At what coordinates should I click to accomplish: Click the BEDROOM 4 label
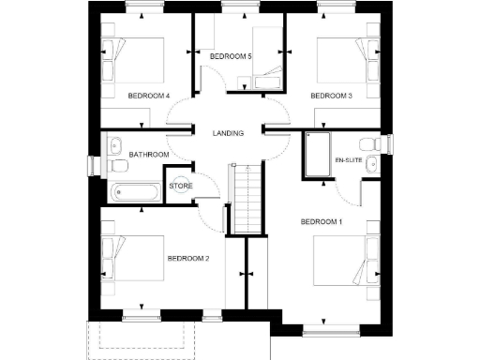point(148,96)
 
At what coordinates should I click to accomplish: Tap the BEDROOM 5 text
point(231,56)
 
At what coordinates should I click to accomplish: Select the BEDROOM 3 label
point(331,96)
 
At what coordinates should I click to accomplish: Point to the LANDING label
point(228,133)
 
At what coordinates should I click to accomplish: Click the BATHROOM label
point(149,154)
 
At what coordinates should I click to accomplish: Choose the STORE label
point(181,186)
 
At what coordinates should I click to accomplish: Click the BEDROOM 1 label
point(321,221)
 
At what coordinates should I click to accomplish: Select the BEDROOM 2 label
point(187,258)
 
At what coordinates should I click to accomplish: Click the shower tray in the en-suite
point(315,154)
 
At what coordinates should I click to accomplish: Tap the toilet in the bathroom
point(118,166)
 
